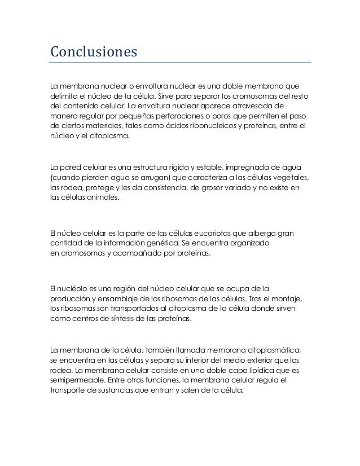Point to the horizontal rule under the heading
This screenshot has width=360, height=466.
tap(180, 62)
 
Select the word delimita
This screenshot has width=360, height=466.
tap(63, 96)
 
